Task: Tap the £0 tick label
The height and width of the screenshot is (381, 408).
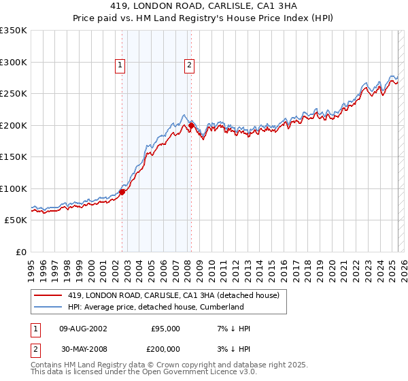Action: coord(21,252)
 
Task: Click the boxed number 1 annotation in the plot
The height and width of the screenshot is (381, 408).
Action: coord(120,66)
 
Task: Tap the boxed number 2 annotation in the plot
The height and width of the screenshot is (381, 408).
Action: coord(188,66)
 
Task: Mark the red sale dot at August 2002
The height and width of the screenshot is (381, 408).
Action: coord(122,192)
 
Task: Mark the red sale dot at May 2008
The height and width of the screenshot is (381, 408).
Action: coord(192,125)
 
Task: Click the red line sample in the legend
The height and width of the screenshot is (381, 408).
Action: coord(48,295)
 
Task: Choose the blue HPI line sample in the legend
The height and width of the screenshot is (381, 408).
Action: coord(48,307)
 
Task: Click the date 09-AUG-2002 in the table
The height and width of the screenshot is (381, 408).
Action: coord(83,329)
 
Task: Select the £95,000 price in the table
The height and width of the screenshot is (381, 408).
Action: coord(165,329)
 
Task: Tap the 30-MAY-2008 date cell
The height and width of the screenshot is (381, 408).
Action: coord(83,349)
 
